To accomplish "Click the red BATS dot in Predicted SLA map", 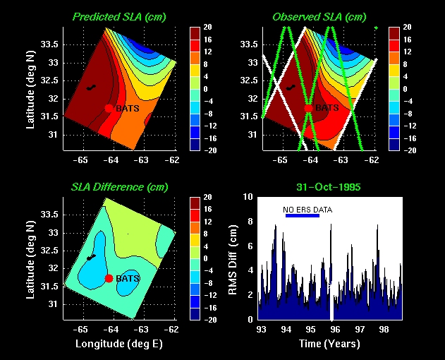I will point(108,108).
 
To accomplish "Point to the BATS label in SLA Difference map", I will point(128,278).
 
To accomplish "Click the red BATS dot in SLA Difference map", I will point(109,278).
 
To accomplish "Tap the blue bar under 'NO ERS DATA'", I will point(302,215).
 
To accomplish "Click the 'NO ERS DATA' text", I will point(307,210).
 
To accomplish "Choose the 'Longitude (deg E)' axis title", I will point(117,344).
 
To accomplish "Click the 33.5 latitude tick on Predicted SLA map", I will point(51,44).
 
